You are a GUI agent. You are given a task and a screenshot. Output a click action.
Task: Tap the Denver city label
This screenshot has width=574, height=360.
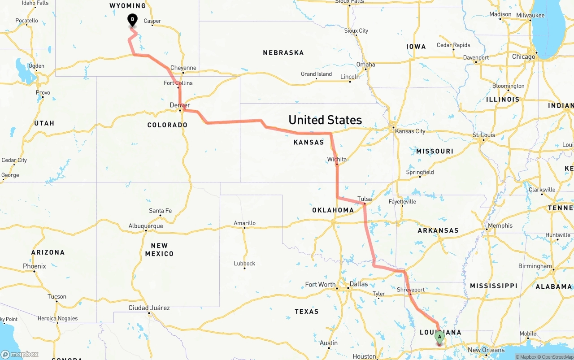(x=180, y=105)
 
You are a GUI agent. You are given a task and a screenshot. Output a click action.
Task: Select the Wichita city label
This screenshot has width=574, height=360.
(x=337, y=159)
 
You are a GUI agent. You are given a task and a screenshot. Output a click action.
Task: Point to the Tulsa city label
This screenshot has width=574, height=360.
(x=365, y=199)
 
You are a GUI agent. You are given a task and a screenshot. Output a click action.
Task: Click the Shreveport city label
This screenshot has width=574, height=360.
(x=410, y=290)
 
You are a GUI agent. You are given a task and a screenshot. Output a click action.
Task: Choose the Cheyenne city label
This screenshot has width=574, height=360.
(x=183, y=68)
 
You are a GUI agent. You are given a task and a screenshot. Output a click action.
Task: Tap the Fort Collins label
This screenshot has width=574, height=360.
(x=178, y=83)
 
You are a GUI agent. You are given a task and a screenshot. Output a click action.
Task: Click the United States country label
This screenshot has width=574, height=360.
(x=325, y=120)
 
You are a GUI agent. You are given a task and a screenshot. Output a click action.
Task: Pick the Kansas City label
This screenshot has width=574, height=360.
(x=410, y=131)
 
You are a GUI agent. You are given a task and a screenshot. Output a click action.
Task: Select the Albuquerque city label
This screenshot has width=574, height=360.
(x=146, y=226)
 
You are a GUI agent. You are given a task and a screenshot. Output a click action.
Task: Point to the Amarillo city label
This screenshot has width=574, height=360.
(x=244, y=223)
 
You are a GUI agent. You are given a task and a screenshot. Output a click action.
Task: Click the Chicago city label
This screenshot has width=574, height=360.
(x=523, y=57)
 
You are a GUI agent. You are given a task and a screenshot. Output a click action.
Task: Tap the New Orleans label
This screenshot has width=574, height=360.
(x=486, y=350)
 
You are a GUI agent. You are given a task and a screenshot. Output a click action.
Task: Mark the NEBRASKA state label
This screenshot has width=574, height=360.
(x=283, y=53)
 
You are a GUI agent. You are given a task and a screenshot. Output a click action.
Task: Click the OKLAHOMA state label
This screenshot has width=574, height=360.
(x=333, y=210)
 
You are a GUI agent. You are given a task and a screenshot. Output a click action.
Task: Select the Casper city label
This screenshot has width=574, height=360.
(x=152, y=21)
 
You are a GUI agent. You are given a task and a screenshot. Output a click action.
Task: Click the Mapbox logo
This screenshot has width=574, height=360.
(x=20, y=354)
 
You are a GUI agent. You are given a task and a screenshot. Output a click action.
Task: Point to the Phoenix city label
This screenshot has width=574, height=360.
(x=35, y=266)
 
